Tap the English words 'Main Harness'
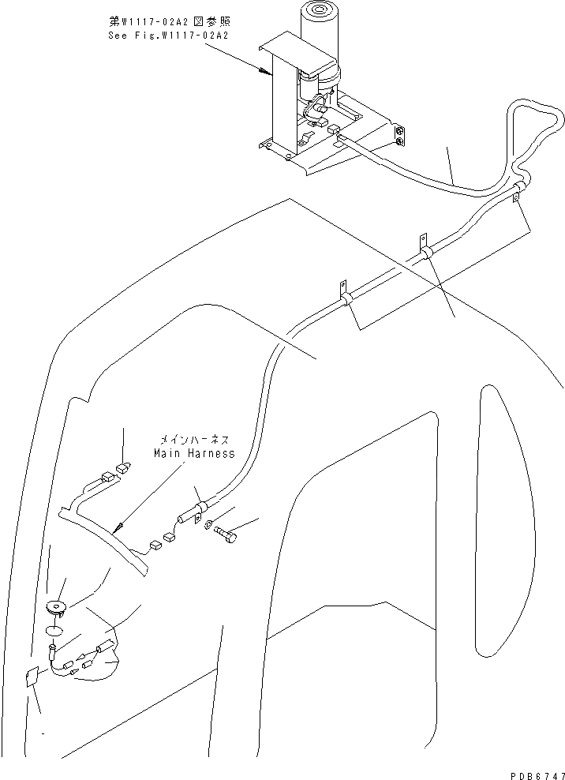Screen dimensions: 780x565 194,454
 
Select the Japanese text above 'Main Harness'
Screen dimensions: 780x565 196,441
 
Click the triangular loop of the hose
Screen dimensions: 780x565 537,130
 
